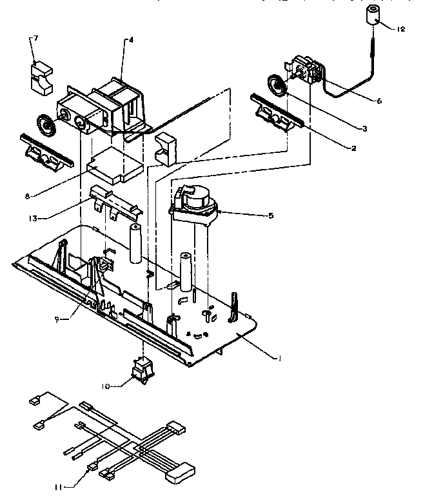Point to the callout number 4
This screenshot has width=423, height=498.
click(132, 40)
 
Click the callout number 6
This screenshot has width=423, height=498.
click(378, 101)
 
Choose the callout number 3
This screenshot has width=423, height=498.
click(364, 129)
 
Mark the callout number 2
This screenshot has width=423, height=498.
click(353, 148)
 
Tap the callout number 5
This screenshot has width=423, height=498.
click(271, 215)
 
